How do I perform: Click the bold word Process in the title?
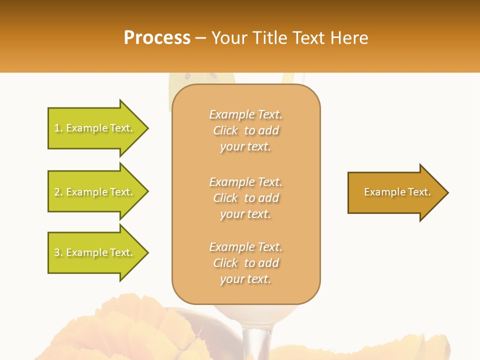pos(157,38)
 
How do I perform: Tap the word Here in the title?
pos(349,38)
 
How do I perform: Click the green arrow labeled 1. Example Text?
pos(95,128)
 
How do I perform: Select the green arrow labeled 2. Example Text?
pos(95,191)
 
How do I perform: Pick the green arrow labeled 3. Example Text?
pos(95,252)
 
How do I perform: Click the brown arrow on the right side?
pos(395,192)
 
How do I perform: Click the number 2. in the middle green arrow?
pos(58,192)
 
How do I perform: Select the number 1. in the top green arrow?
pos(58,128)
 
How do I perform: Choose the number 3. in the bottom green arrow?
pos(58,252)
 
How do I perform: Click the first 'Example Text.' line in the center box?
pos(245,114)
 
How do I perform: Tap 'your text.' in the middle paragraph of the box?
pos(245,214)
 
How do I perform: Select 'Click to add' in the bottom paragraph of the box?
pos(245,263)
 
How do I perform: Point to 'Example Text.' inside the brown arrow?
pos(397,192)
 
